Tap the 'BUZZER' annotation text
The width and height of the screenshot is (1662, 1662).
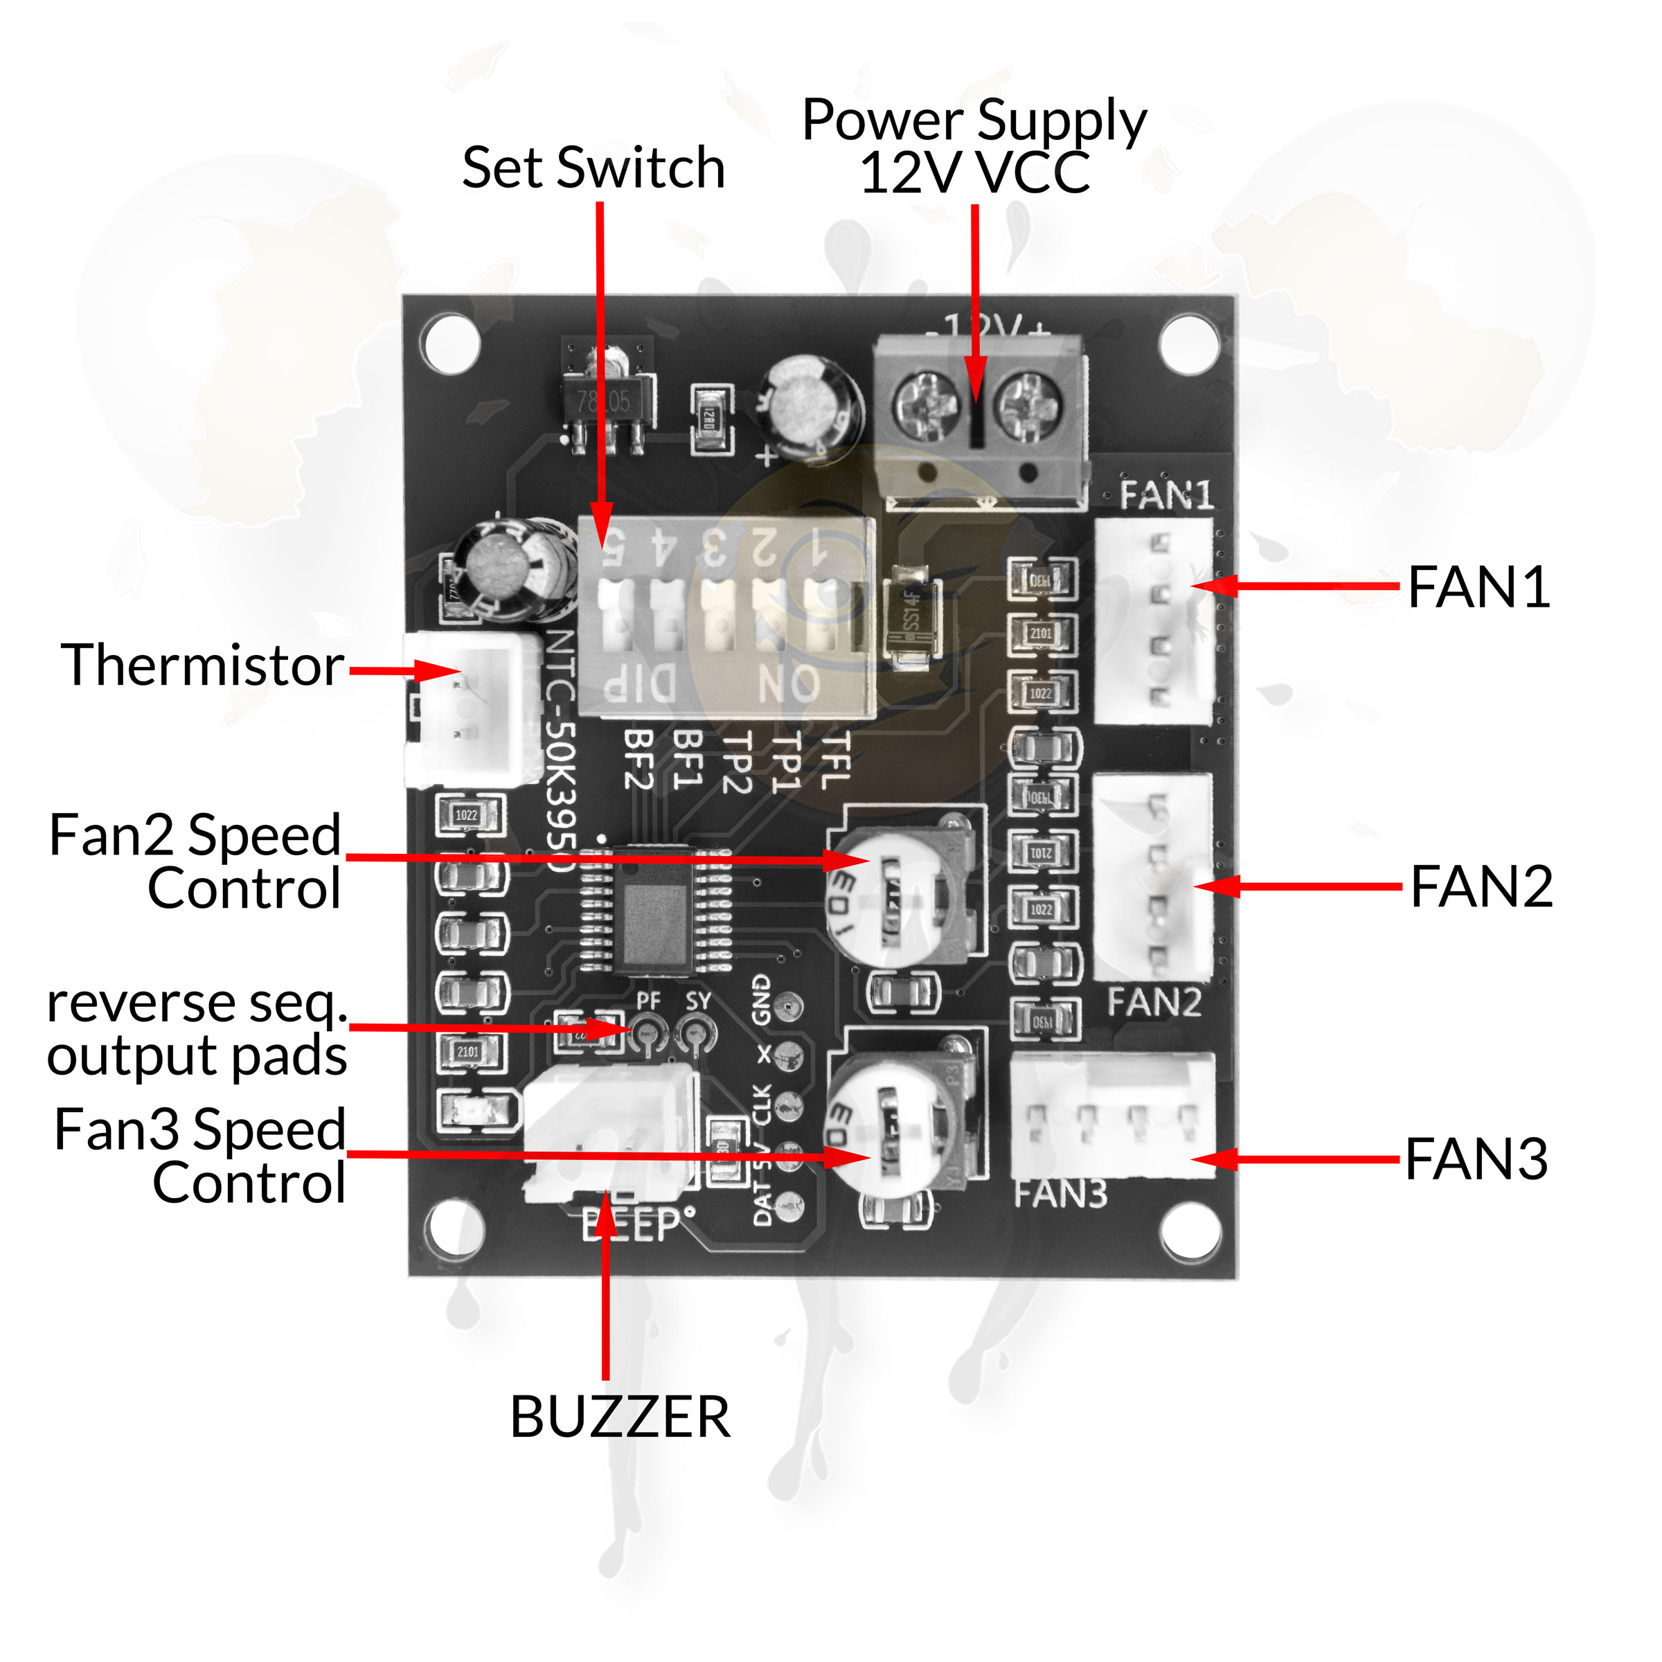(619, 1417)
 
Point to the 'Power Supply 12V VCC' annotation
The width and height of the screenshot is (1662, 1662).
(974, 146)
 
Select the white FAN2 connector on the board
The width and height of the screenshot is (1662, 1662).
(1154, 877)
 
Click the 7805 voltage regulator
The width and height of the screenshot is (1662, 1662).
(607, 401)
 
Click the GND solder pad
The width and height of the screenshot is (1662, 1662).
(788, 1006)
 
